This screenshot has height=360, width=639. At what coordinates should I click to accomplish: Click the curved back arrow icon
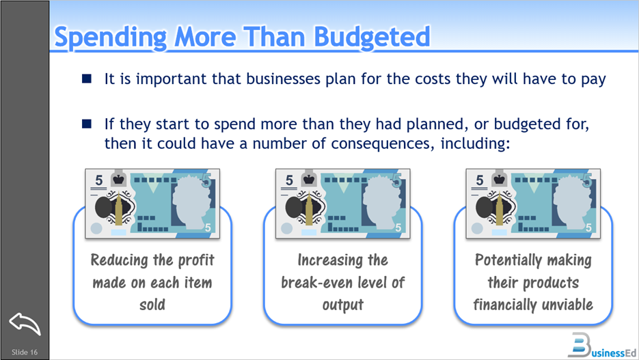(25, 322)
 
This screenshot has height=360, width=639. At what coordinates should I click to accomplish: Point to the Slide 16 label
(25, 352)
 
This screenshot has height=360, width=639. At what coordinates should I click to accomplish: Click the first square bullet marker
(87, 79)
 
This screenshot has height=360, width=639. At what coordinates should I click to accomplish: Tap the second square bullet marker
(87, 124)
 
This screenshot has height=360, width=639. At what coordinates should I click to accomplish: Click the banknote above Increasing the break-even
(343, 203)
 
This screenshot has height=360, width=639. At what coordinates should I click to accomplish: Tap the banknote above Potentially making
(534, 203)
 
